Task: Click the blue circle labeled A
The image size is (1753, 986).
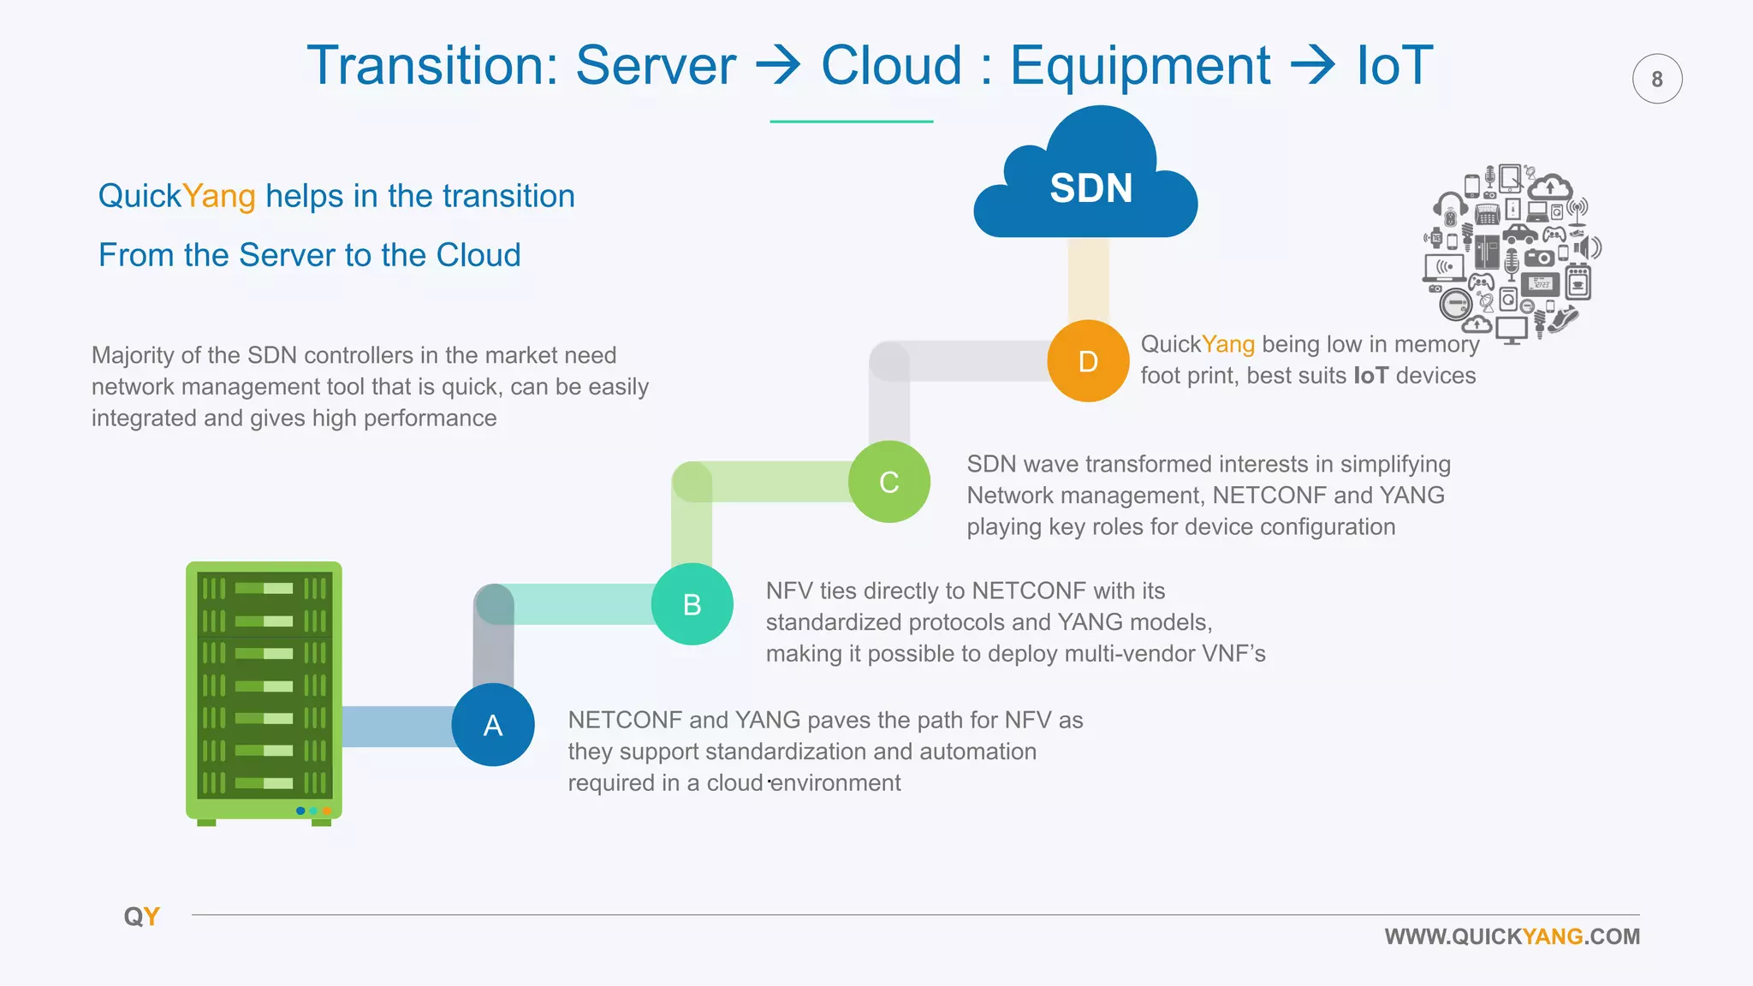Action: click(x=493, y=725)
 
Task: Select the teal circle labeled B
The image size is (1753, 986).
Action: click(x=692, y=604)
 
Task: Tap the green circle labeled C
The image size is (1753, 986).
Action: click(x=888, y=482)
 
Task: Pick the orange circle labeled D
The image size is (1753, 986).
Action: click(x=1088, y=361)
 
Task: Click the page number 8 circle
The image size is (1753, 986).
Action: click(x=1656, y=80)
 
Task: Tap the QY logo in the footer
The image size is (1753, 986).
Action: click(x=142, y=917)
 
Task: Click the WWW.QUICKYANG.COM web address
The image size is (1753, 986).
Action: click(x=1512, y=936)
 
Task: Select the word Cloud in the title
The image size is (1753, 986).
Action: click(x=891, y=66)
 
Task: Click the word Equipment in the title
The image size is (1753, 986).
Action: click(x=1139, y=66)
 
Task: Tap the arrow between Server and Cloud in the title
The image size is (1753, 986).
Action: click(x=777, y=66)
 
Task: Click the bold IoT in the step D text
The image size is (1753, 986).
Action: click(x=1370, y=376)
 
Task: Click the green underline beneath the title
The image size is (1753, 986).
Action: click(x=851, y=122)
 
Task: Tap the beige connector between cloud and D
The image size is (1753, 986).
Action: click(x=1088, y=280)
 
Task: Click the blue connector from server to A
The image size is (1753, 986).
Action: click(x=396, y=726)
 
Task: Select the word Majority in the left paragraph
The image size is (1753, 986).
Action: click(x=133, y=355)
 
